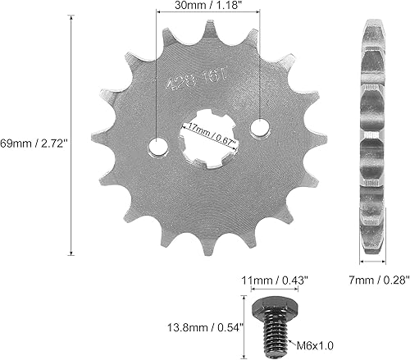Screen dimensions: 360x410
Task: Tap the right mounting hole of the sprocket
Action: (x=261, y=128)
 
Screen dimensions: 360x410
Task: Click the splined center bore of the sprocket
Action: (x=209, y=139)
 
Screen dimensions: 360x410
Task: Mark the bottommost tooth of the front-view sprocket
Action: (x=221, y=245)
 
